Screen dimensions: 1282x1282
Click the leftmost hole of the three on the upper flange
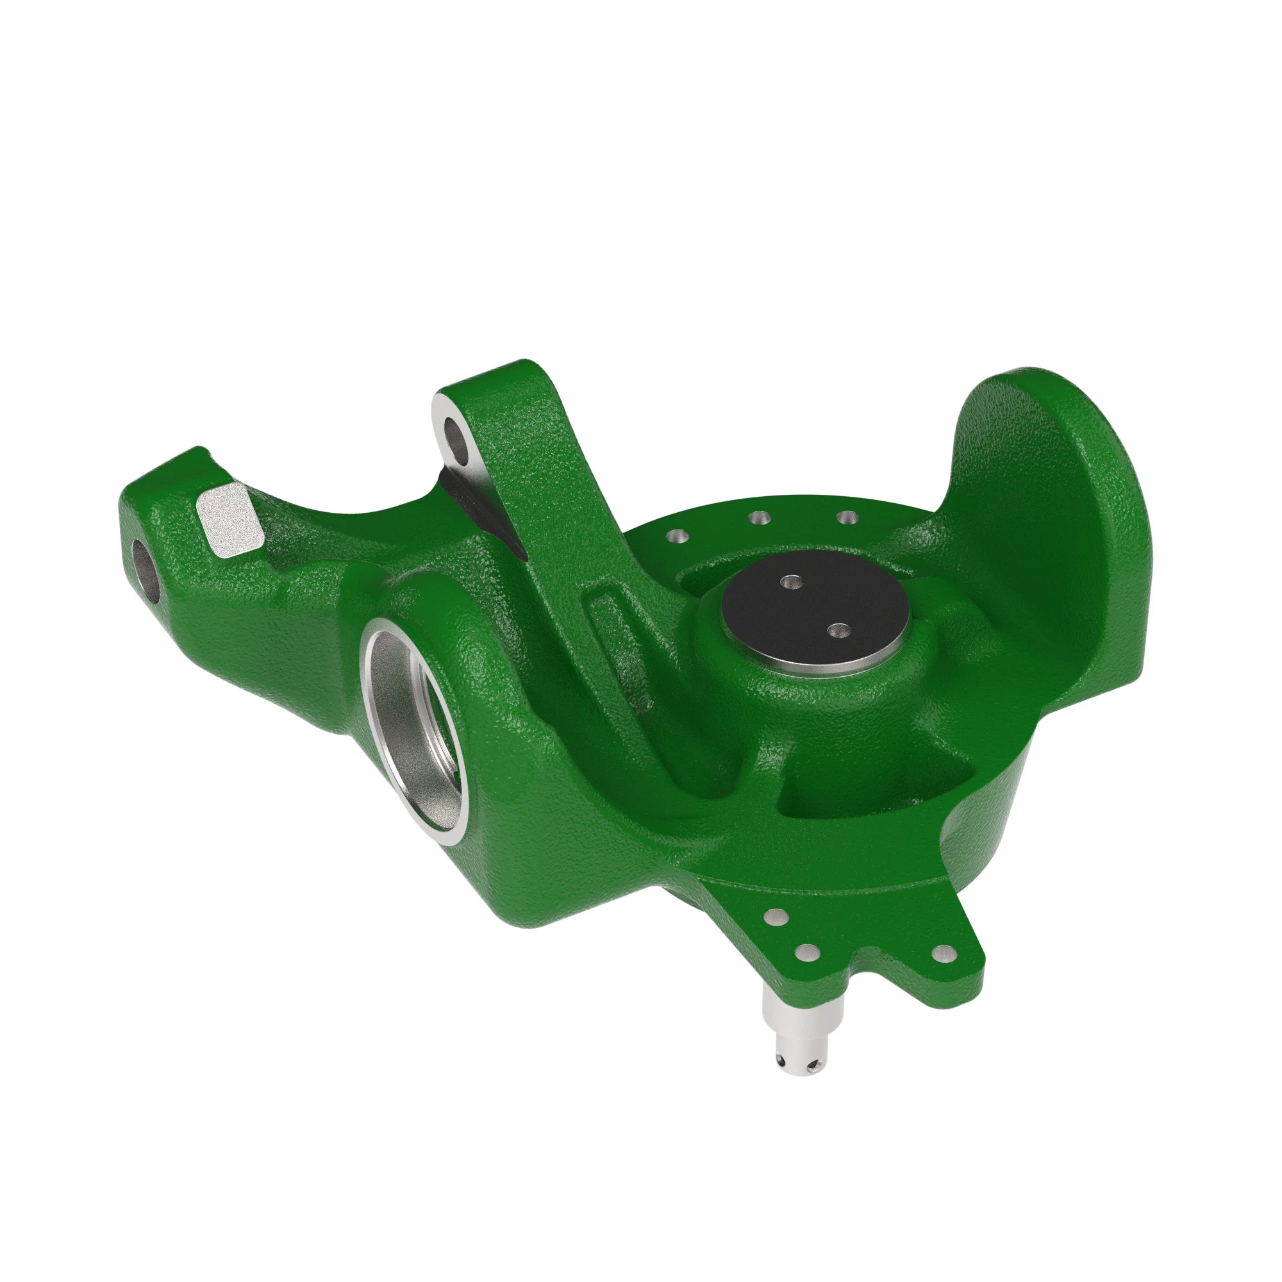[676, 535]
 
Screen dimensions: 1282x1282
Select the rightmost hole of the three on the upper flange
[845, 516]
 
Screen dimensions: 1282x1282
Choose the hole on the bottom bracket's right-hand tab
[942, 955]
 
